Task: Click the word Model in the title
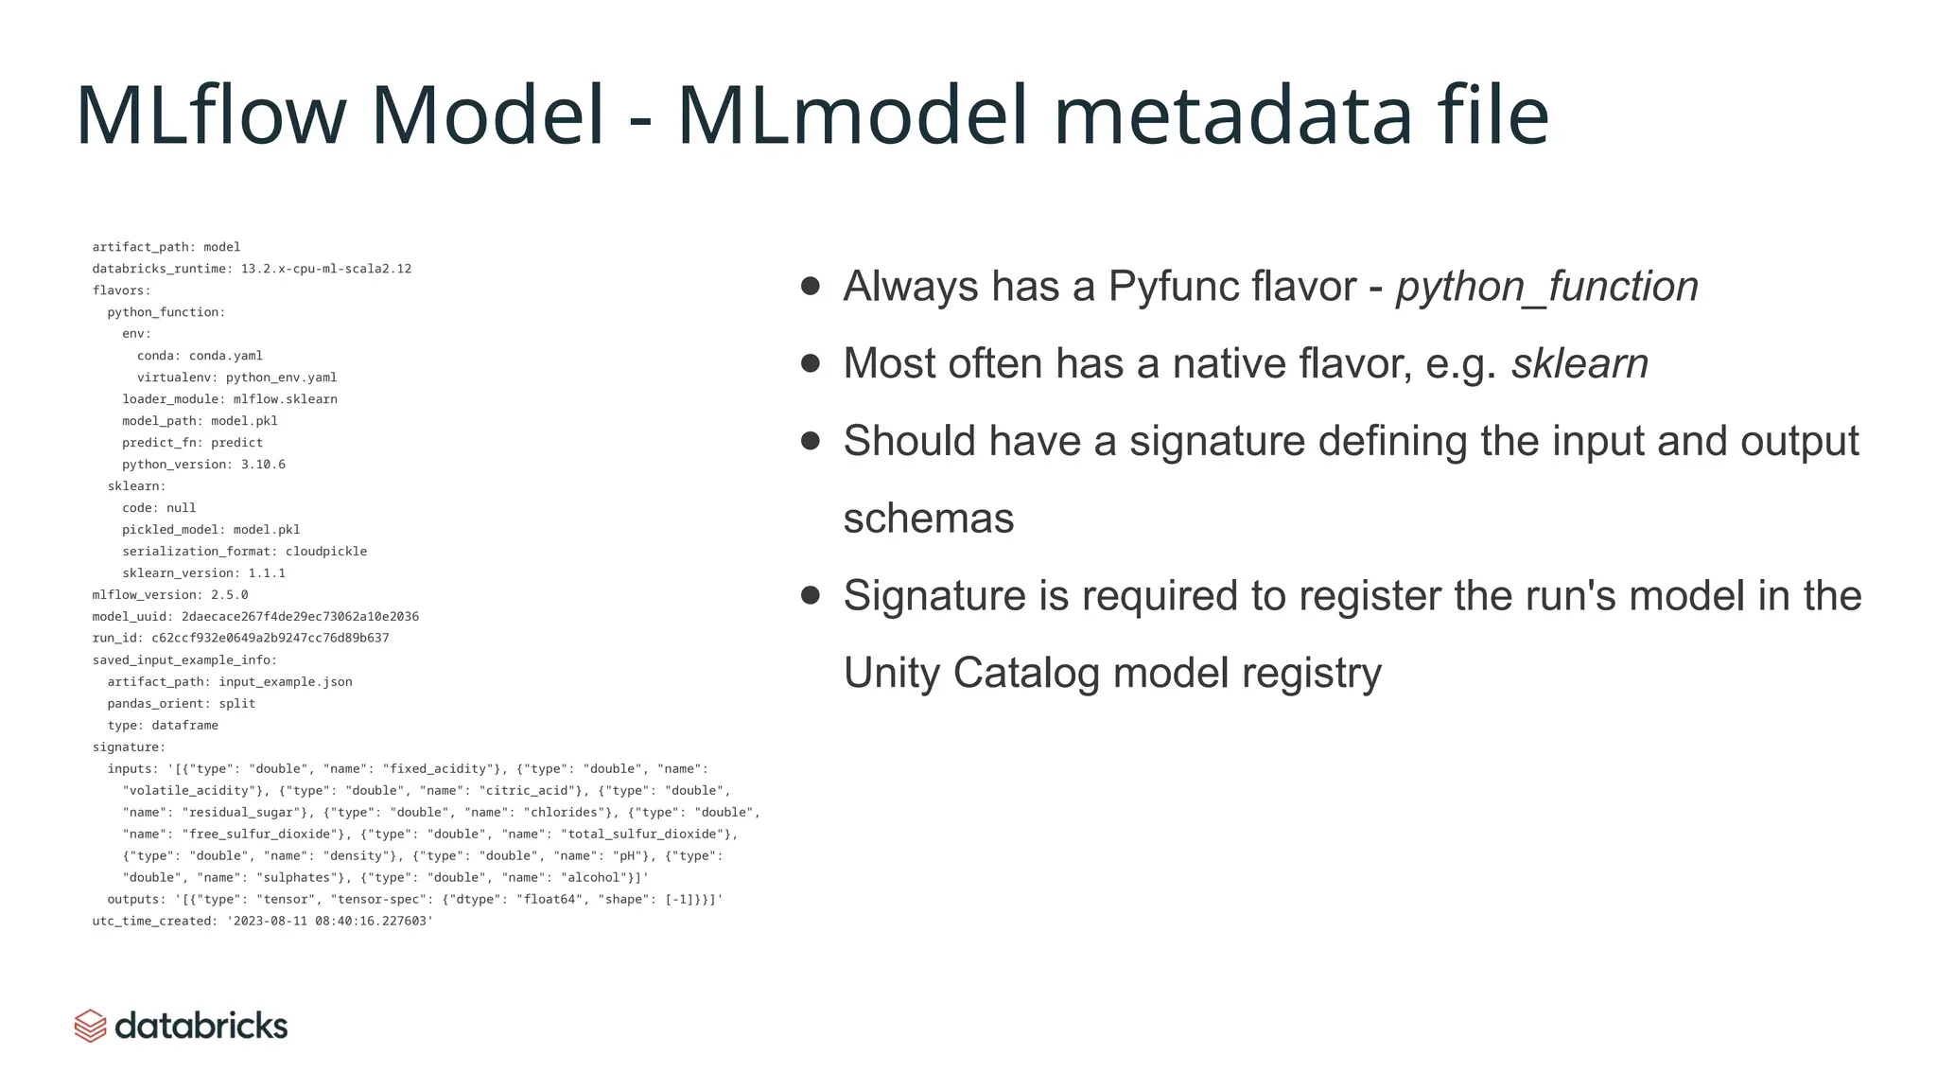487,115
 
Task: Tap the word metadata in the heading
1231,115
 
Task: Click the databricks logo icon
90,1026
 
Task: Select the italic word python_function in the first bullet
1546,287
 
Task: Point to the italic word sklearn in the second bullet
1579,363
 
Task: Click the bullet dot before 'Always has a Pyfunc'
811,286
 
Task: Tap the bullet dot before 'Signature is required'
811,595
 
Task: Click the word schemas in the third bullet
928,519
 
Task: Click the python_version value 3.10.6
263,465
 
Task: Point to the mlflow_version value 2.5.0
230,595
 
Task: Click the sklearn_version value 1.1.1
267,573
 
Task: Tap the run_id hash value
270,638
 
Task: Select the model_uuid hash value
300,617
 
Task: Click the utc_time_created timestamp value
330,921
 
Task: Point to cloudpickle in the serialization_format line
326,552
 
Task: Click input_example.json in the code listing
286,682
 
